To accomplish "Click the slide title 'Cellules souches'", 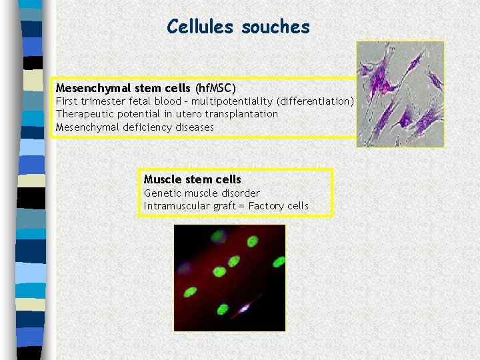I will [238, 27].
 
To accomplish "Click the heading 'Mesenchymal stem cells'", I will [123, 88].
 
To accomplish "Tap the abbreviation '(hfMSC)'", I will [215, 88].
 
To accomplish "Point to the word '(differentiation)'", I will [316, 101].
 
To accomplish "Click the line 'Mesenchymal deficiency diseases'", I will [135, 127].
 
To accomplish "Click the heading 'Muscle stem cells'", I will [192, 179].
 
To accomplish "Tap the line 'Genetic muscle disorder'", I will [201, 193].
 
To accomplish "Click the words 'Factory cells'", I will [278, 206].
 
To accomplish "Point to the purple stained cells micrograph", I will [400, 94].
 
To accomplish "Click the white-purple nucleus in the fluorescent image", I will [244, 307].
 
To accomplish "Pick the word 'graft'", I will [223, 206].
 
